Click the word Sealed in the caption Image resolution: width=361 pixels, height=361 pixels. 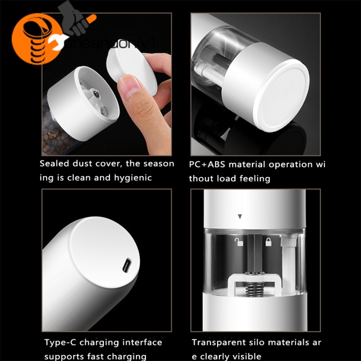click(54, 164)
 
